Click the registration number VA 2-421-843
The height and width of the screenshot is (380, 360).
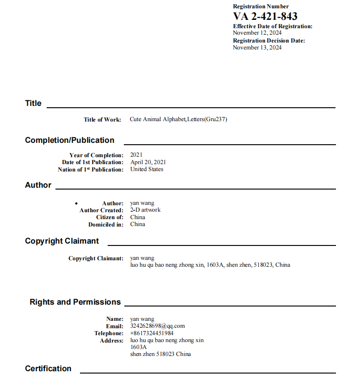pyautogui.click(x=265, y=17)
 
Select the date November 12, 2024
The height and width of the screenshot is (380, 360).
pyautogui.click(x=257, y=33)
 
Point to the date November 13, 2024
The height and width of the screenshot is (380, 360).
pyautogui.click(x=257, y=48)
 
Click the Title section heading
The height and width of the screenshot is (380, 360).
pyautogui.click(x=33, y=103)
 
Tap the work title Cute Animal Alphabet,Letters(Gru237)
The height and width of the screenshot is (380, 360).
pyautogui.click(x=178, y=119)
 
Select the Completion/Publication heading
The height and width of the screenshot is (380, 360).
pyautogui.click(x=69, y=140)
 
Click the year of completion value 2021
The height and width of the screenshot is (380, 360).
pyautogui.click(x=136, y=155)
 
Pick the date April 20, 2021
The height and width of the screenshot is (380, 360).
pyautogui.click(x=148, y=162)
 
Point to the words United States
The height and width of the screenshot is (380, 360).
pyautogui.click(x=146, y=169)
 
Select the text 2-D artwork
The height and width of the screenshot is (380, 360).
pyautogui.click(x=145, y=210)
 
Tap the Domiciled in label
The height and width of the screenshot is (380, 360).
pyautogui.click(x=106, y=225)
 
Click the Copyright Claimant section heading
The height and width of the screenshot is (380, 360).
pyautogui.click(x=62, y=241)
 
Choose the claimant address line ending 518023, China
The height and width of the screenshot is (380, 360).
pyautogui.click(x=210, y=265)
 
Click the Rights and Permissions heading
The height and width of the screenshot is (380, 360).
pyautogui.click(x=75, y=302)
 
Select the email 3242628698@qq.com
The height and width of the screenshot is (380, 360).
pyautogui.click(x=158, y=326)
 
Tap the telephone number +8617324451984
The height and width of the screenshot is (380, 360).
pyautogui.click(x=152, y=333)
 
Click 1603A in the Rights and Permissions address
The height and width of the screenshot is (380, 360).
pyautogui.click(x=138, y=347)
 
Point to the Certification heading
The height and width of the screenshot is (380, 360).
pyautogui.click(x=48, y=368)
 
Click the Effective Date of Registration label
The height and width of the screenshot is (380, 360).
pyautogui.click(x=273, y=26)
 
